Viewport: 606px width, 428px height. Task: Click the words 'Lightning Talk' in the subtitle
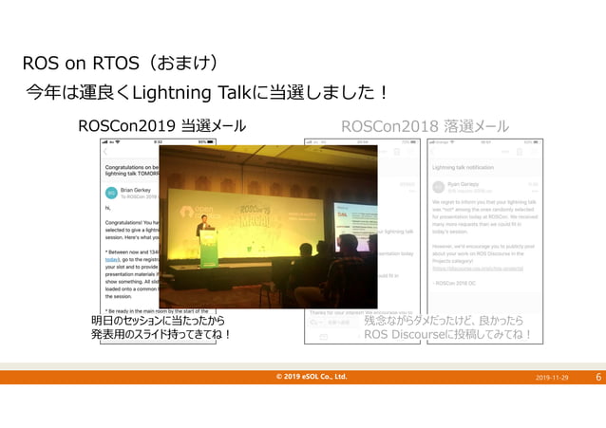(x=189, y=94)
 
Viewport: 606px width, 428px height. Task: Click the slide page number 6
(x=598, y=377)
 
